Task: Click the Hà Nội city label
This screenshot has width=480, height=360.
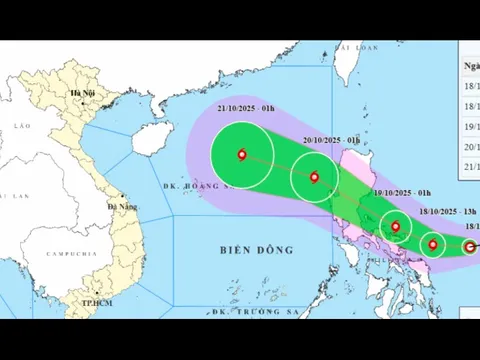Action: click(82, 94)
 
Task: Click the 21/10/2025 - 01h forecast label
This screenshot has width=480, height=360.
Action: click(245, 108)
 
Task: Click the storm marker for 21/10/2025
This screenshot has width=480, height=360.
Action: click(242, 154)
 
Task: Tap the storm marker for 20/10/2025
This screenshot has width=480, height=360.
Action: click(314, 178)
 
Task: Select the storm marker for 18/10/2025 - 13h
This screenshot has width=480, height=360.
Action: click(433, 244)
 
